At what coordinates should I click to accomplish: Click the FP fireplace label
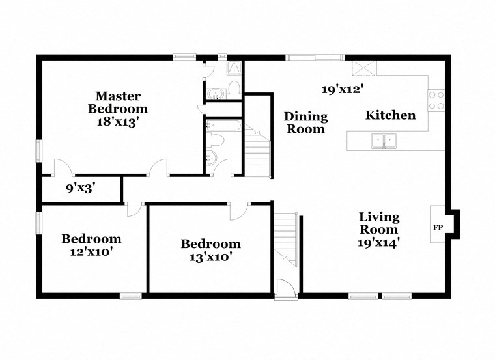[437, 228]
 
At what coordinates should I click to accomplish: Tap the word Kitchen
[390, 115]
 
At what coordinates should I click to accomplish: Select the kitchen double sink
[384, 140]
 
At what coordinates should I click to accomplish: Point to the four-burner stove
[436, 100]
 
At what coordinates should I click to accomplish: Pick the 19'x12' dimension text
[342, 89]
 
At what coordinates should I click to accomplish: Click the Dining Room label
[305, 122]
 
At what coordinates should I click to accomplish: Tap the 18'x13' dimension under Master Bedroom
[118, 121]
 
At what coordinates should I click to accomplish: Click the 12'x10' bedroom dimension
[91, 251]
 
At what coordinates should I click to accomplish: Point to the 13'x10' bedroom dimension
[210, 256]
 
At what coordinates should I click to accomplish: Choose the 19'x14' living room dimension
[378, 242]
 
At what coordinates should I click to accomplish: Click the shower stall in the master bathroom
[233, 68]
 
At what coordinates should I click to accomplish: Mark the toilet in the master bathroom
[234, 88]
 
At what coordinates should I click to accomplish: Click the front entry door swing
[285, 287]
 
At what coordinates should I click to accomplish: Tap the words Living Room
[379, 223]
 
